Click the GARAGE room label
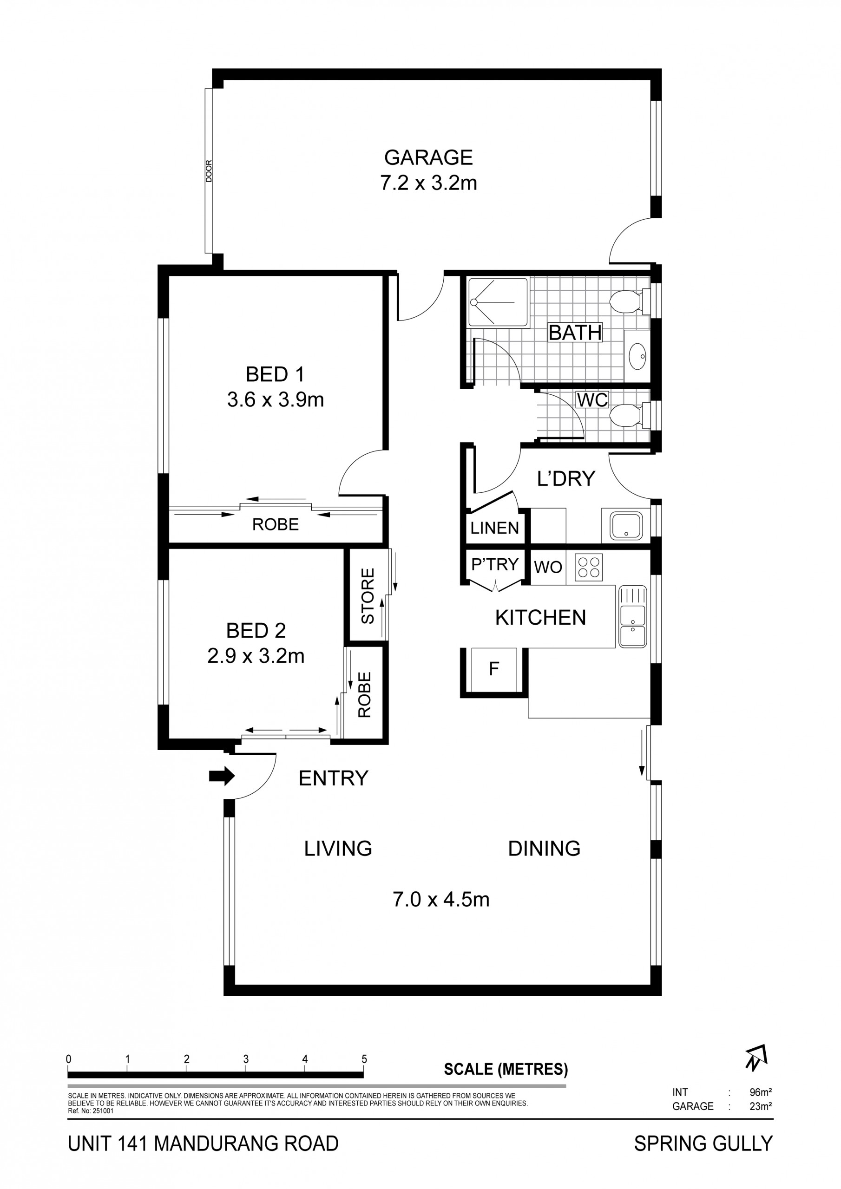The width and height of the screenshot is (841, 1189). (428, 157)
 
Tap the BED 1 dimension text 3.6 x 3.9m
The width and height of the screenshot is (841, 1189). (275, 400)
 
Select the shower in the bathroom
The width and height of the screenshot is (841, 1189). (498, 302)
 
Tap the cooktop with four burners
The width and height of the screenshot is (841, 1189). (589, 567)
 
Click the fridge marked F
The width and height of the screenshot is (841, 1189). (494, 669)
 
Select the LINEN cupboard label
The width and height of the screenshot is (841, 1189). (494, 528)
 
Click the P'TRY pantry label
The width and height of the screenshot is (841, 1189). (494, 563)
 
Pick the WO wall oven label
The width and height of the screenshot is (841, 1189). (548, 567)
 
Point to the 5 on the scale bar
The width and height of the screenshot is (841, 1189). (364, 1059)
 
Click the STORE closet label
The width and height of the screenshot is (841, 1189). (367, 596)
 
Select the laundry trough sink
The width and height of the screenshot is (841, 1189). (626, 526)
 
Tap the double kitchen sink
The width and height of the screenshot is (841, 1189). (632, 616)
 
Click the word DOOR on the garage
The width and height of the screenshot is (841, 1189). (209, 171)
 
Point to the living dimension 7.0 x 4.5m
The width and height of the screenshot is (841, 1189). (441, 900)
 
